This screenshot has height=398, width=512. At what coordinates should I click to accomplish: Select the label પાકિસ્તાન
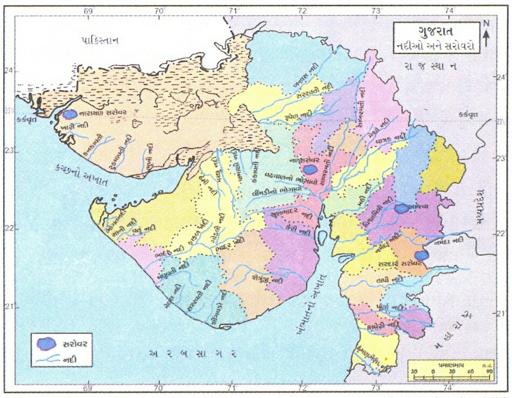click(100, 40)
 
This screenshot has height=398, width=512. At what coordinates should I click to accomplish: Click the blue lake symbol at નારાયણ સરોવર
click(69, 114)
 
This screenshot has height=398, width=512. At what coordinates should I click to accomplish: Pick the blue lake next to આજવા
click(400, 208)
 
